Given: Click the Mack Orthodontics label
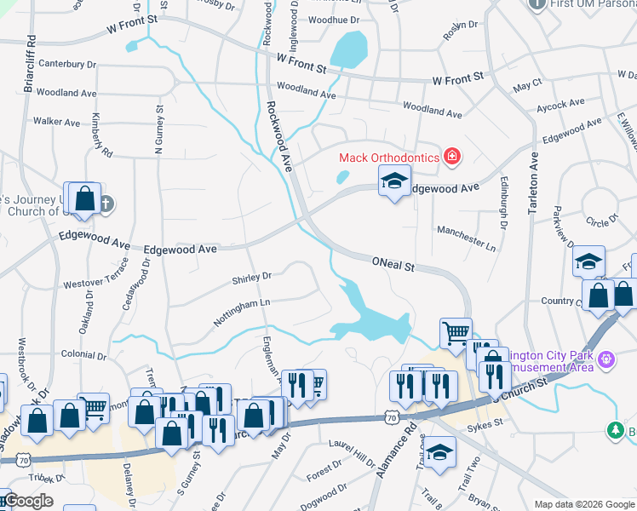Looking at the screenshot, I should pyautogui.click(x=388, y=157).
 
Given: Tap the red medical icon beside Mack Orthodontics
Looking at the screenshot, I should pyautogui.click(x=451, y=157).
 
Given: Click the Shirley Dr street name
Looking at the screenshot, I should pyautogui.click(x=251, y=277).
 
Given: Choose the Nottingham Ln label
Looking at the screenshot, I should pyautogui.click(x=241, y=302).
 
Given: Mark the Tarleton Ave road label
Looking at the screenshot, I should pyautogui.click(x=534, y=183).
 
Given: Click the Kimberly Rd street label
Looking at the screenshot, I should pyautogui.click(x=101, y=135).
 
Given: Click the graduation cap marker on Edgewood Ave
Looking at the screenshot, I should pyautogui.click(x=393, y=181).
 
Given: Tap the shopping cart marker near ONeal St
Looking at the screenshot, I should pyautogui.click(x=456, y=332).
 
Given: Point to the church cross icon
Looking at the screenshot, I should pyautogui.click(x=105, y=203).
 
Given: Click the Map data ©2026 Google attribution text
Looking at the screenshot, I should pyautogui.click(x=583, y=503).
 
